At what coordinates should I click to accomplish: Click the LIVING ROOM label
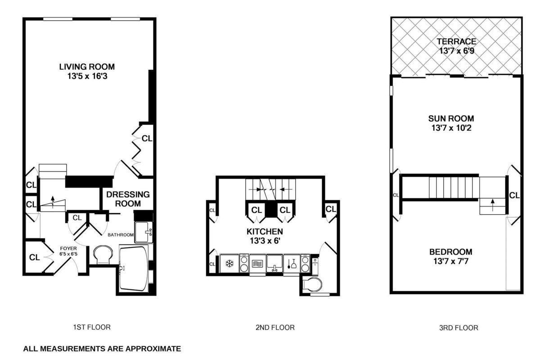point(87,67)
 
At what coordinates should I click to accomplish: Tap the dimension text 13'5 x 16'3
point(87,76)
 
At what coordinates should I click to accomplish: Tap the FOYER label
point(69,248)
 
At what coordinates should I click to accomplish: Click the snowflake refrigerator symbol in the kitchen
point(229,263)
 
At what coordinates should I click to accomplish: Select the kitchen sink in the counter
point(274,263)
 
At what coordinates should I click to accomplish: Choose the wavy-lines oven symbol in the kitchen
point(256,263)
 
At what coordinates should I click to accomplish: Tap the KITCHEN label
point(265,231)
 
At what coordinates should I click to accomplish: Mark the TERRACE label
point(456,42)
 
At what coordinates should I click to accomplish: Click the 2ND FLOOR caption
point(275,328)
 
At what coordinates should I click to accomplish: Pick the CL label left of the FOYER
point(35,258)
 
